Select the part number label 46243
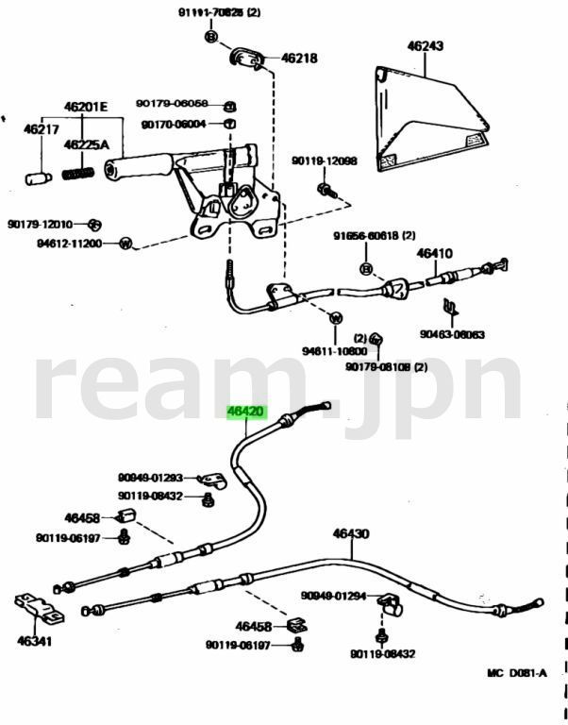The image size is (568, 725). point(426,45)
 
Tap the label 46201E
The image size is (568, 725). point(87,107)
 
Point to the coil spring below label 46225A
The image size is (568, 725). point(77,174)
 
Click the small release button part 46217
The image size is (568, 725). point(37,177)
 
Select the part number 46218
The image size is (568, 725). point(299,59)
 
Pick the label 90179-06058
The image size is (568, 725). point(172,104)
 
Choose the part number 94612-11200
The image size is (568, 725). point(69,243)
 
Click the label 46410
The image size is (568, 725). point(435,253)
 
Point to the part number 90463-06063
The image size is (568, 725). point(453,334)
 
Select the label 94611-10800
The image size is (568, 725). point(334,351)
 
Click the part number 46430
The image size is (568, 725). point(350,533)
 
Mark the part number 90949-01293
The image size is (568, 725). point(150,478)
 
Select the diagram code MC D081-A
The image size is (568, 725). point(516,673)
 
